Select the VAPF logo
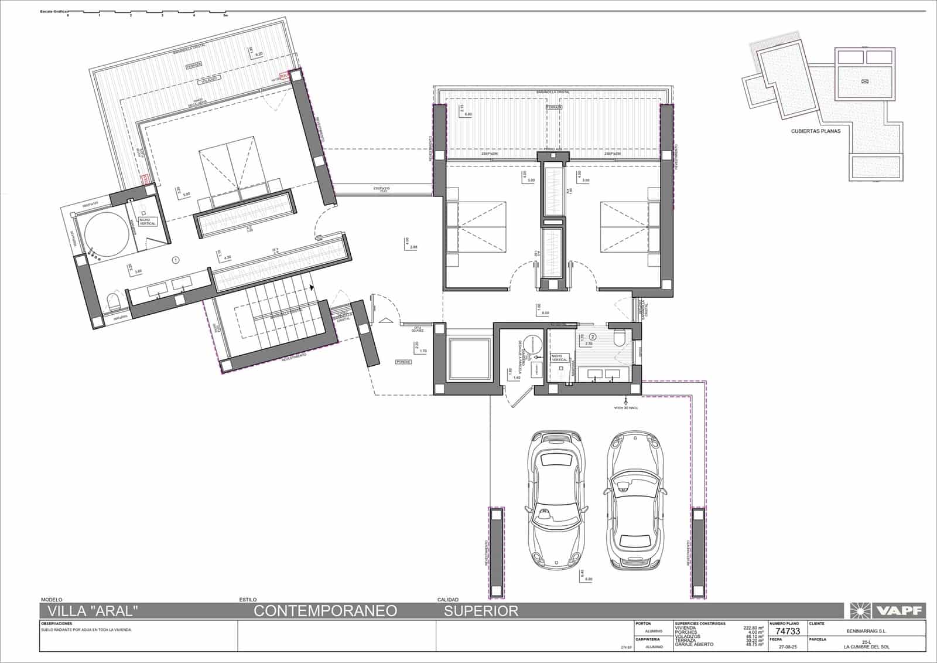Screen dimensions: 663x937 pos(885,611)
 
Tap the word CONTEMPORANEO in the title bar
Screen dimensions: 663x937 pos(325,611)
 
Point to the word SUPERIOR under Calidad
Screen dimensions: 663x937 pos(481,611)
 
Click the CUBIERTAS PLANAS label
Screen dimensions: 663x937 pos(815,131)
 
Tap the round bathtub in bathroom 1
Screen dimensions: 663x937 pos(107,236)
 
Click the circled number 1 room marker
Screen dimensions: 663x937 pos(175,260)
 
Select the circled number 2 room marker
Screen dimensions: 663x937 pos(593,337)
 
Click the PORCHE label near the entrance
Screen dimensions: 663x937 pos(403,362)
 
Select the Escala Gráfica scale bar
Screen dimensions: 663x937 pos(146,12)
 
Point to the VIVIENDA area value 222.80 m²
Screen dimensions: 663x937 pos(753,628)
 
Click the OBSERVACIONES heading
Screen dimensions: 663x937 pos(57,624)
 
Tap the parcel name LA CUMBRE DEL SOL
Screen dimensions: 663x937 pos(867,647)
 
